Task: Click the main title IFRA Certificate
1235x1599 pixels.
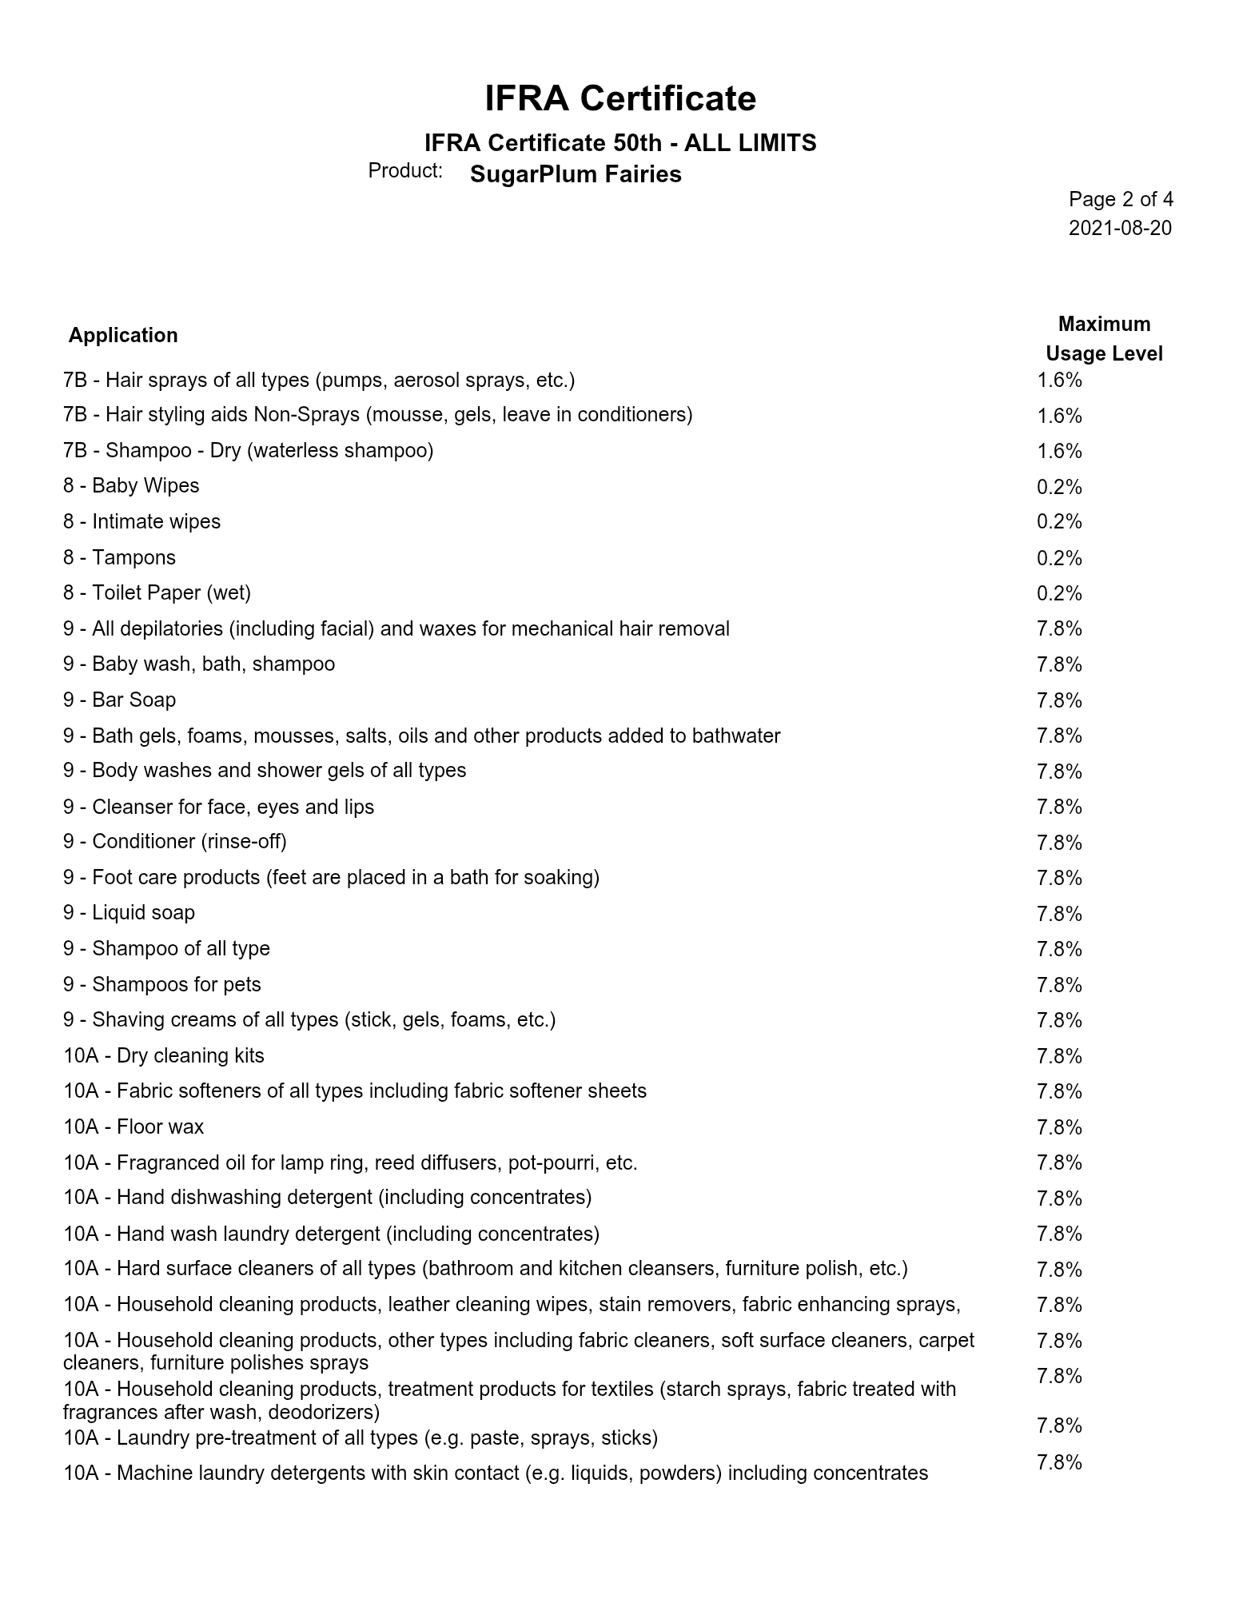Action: pos(619,99)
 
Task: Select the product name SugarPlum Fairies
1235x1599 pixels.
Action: pos(576,174)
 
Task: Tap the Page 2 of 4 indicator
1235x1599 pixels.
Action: pos(1121,199)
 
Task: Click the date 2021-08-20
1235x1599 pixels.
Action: pos(1120,228)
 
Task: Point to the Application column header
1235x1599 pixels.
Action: pos(123,335)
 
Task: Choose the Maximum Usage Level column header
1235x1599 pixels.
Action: pos(1104,339)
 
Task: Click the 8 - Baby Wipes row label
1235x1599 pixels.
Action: pos(131,486)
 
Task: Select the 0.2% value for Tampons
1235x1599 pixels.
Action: pos(1059,558)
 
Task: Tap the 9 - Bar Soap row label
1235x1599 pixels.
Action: pos(120,700)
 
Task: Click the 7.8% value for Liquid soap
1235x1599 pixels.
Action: pos(1059,914)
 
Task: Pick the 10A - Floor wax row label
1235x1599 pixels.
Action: pos(133,1127)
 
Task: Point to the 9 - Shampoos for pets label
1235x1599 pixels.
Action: pos(162,985)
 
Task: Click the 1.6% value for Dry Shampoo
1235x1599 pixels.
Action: pos(1059,451)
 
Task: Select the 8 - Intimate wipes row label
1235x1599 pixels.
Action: pos(141,522)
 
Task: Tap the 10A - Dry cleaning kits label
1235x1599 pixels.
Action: pos(164,1056)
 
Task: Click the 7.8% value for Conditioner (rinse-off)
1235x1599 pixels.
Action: pos(1059,843)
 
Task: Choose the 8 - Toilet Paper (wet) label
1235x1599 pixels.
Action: pos(157,593)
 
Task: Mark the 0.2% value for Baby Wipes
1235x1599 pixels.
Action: pos(1059,487)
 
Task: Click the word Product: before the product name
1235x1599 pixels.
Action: pos(405,171)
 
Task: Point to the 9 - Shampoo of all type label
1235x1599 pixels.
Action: pos(166,949)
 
